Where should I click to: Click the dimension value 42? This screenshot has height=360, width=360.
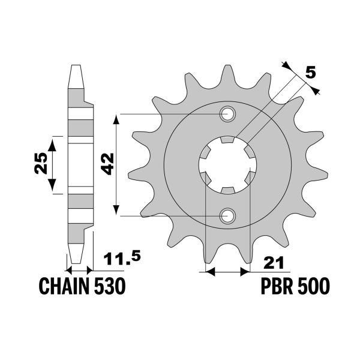(x=107, y=163)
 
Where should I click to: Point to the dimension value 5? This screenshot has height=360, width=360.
(x=310, y=73)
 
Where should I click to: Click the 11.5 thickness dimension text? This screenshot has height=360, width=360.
(x=122, y=259)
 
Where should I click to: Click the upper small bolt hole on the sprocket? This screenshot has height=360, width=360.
(x=228, y=113)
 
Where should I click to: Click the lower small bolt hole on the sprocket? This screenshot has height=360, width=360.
(x=228, y=215)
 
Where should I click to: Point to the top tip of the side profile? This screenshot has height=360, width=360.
(x=75, y=66)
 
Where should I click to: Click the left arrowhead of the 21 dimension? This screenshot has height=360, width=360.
(x=209, y=272)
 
